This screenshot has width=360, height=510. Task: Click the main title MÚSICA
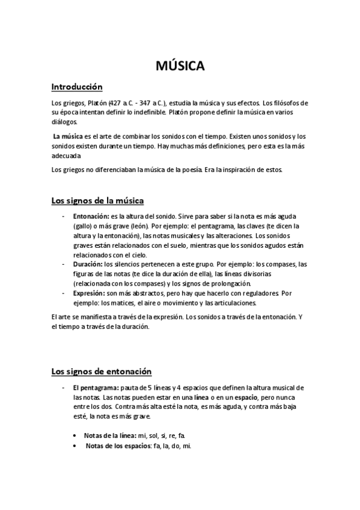pyautogui.click(x=180, y=66)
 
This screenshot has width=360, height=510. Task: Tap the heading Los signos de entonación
pyautogui.click(x=102, y=371)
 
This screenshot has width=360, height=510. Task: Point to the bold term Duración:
pyautogui.click(x=88, y=263)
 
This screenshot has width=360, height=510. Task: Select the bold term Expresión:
pyautogui.click(x=90, y=293)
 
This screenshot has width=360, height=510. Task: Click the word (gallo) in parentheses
pyautogui.click(x=83, y=226)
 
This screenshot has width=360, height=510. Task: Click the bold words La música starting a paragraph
pyautogui.click(x=67, y=137)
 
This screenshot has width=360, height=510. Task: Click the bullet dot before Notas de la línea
pyautogui.click(x=74, y=435)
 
